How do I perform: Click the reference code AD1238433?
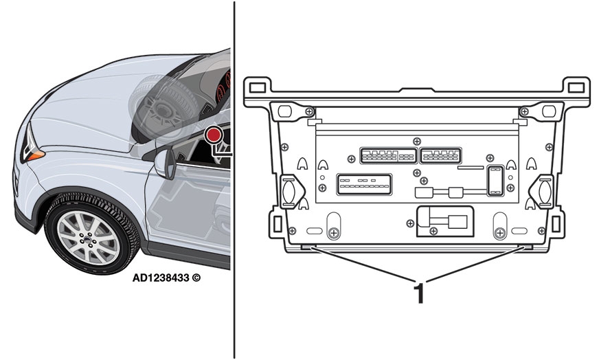164,279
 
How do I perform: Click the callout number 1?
418,293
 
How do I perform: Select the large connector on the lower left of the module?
363,186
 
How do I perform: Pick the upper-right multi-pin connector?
440,155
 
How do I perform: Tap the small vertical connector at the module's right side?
493,179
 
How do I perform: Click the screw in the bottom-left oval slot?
333,230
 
